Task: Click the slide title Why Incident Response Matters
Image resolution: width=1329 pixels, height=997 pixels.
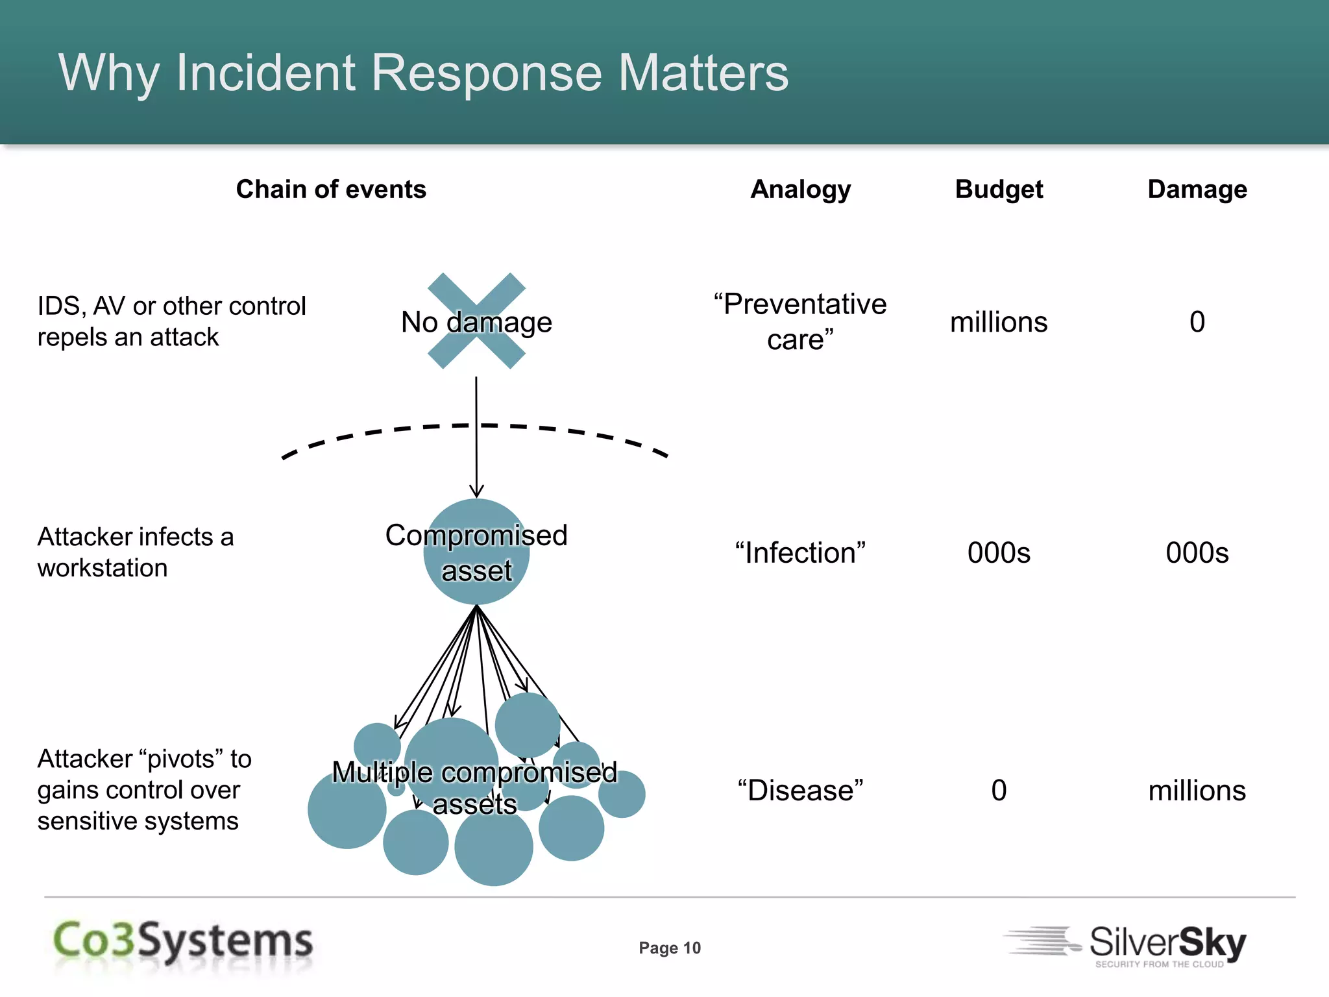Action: [x=423, y=73]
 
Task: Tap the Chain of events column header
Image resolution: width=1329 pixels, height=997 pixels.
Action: [x=331, y=190]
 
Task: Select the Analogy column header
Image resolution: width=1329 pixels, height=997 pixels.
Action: [x=800, y=190]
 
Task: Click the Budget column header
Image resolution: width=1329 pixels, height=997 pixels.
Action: [x=999, y=190]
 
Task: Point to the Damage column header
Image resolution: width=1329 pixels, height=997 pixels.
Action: [x=1197, y=190]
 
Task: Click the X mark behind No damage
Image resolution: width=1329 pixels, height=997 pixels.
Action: [x=476, y=321]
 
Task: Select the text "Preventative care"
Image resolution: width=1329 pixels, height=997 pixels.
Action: [x=800, y=322]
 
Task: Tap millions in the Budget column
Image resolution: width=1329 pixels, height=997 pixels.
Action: [x=999, y=323]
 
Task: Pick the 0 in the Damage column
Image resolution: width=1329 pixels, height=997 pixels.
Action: [x=1197, y=322]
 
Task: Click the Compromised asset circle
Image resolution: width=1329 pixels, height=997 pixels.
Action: [x=476, y=552]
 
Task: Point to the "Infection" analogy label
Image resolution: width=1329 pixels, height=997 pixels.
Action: [x=800, y=553]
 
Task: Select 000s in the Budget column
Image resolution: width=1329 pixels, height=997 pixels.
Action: [x=999, y=553]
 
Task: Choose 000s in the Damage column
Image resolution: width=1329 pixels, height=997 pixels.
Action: [x=1197, y=553]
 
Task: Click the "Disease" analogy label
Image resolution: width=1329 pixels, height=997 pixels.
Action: [x=800, y=791]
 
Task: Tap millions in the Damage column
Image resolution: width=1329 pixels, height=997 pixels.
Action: [x=1197, y=791]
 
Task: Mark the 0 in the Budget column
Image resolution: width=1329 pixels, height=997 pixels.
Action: [x=999, y=791]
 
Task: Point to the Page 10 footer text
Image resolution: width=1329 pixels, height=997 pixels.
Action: [x=670, y=948]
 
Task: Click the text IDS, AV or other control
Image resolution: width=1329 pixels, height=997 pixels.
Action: [x=171, y=306]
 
